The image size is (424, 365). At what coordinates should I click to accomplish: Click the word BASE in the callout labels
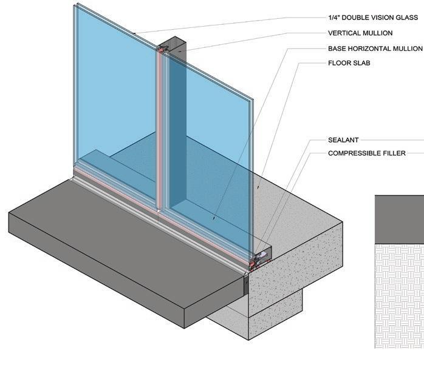[338, 48]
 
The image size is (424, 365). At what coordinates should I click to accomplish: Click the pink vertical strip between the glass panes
[159, 133]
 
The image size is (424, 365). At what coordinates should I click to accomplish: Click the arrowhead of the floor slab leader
[214, 217]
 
